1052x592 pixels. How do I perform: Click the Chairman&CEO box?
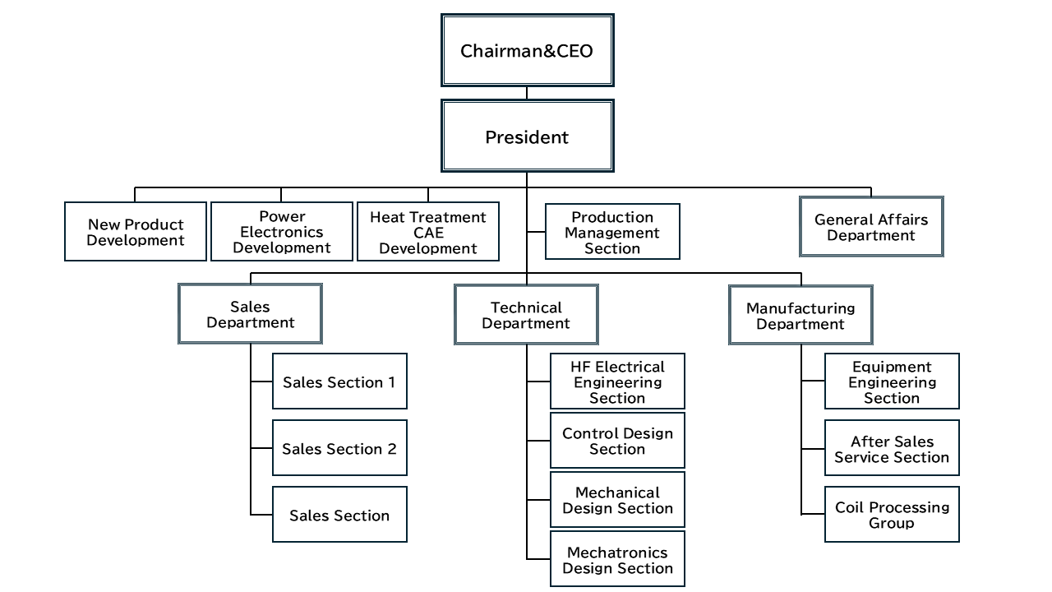click(x=527, y=51)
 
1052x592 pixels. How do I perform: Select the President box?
click(x=527, y=136)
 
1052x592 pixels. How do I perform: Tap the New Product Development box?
click(x=136, y=232)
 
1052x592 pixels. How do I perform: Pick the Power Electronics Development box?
click(x=282, y=232)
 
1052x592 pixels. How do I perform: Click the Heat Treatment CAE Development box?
click(x=428, y=232)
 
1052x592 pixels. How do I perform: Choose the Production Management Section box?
click(x=612, y=232)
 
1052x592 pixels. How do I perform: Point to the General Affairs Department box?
click(x=871, y=227)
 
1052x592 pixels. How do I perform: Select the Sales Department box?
click(x=250, y=314)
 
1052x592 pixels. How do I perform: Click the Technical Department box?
click(x=526, y=315)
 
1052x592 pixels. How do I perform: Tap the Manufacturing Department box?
click(x=801, y=316)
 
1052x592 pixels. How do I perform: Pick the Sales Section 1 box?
click(x=339, y=382)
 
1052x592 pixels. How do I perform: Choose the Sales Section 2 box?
click(x=339, y=448)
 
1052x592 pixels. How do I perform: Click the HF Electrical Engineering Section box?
click(x=617, y=382)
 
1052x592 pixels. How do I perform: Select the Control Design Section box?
click(x=617, y=441)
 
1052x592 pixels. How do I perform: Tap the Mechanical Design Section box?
click(x=617, y=500)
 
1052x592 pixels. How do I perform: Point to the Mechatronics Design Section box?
click(x=617, y=560)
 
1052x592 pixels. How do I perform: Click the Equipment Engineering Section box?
click(x=892, y=382)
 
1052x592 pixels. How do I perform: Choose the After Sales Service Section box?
click(x=892, y=449)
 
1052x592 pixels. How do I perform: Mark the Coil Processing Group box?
click(x=892, y=515)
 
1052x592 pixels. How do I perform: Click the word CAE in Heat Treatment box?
click(x=428, y=233)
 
